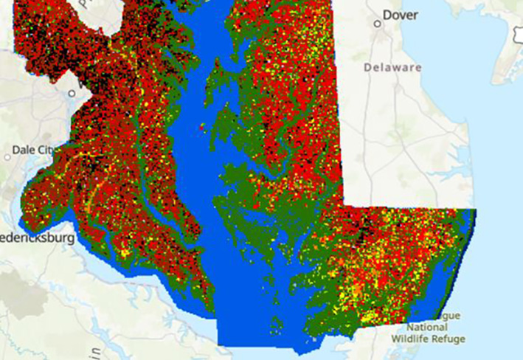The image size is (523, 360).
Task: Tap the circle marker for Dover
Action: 377,23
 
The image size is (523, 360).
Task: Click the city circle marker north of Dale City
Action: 72,94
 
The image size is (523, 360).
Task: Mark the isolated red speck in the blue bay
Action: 201,128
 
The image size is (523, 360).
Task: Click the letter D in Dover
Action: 387,15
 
